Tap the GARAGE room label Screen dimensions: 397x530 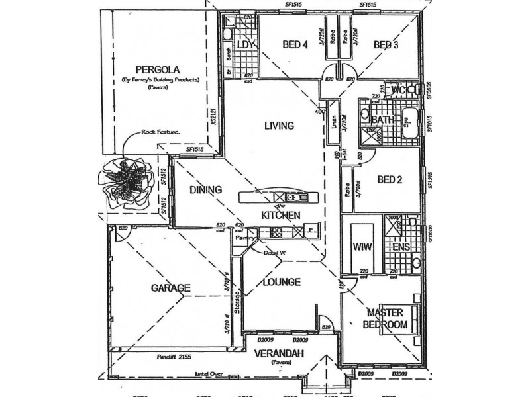pyautogui.click(x=170, y=288)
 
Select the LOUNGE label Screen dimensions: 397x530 pyautogui.click(x=282, y=281)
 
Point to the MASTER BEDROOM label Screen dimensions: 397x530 pyautogui.click(x=385, y=319)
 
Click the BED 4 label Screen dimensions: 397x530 pyautogui.click(x=295, y=45)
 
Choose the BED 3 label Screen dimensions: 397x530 pyautogui.click(x=386, y=45)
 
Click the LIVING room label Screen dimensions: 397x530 pyautogui.click(x=278, y=125)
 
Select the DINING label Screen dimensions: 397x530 pyautogui.click(x=205, y=190)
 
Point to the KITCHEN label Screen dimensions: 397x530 pyautogui.click(x=281, y=215)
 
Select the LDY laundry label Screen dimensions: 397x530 pyautogui.click(x=246, y=45)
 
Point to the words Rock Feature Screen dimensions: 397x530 pyautogui.click(x=160, y=132)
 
